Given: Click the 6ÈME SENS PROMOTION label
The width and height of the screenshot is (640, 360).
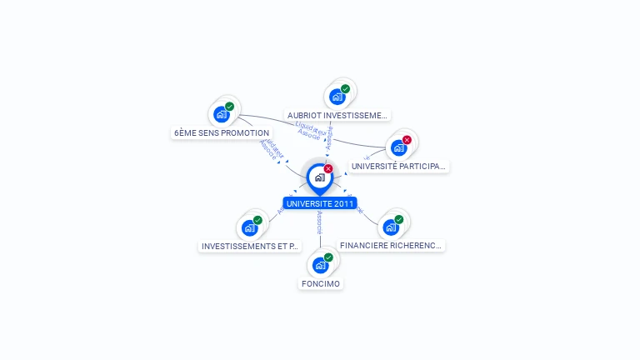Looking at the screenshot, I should pos(222,133).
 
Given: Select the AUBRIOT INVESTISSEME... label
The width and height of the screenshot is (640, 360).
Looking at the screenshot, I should pos(337,116).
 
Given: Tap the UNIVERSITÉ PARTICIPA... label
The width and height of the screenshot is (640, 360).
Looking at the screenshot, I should pos(398,167).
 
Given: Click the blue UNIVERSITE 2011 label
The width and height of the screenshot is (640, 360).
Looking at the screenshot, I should pos(319,203).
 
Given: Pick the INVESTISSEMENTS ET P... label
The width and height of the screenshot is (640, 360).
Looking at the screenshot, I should pos(249,247).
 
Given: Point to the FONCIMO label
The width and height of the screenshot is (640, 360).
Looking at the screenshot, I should pos(321,284).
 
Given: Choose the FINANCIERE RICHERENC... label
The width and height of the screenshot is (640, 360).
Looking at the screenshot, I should pos(392,246).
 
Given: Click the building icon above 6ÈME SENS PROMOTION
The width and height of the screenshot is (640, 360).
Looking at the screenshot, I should pos(221,114).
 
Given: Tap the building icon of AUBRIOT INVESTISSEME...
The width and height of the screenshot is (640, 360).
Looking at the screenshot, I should pos(337,97).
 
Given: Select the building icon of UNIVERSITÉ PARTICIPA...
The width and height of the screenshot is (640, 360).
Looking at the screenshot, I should pos(398,147).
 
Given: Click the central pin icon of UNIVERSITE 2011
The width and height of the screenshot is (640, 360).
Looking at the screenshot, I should pos(319,177).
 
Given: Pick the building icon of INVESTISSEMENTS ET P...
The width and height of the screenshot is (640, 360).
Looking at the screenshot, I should pos(249,227).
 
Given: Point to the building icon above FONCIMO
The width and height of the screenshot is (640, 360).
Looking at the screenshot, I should pos(320,266).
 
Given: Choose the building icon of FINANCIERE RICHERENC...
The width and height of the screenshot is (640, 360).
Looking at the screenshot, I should pos(390,227).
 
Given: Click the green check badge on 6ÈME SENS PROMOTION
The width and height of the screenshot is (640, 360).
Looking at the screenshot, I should pos(229,107).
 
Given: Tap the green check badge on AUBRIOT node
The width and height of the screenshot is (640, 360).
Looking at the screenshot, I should pos(345,89).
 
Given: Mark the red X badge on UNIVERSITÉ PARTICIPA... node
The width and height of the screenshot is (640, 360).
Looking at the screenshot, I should pos(407,140).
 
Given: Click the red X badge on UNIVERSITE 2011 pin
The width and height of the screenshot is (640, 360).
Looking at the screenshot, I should pos(328,169).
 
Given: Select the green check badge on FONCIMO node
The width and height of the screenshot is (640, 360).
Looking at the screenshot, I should pos(328,258).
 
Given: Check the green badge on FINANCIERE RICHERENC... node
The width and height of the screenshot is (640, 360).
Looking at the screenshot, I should pos(398,219).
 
